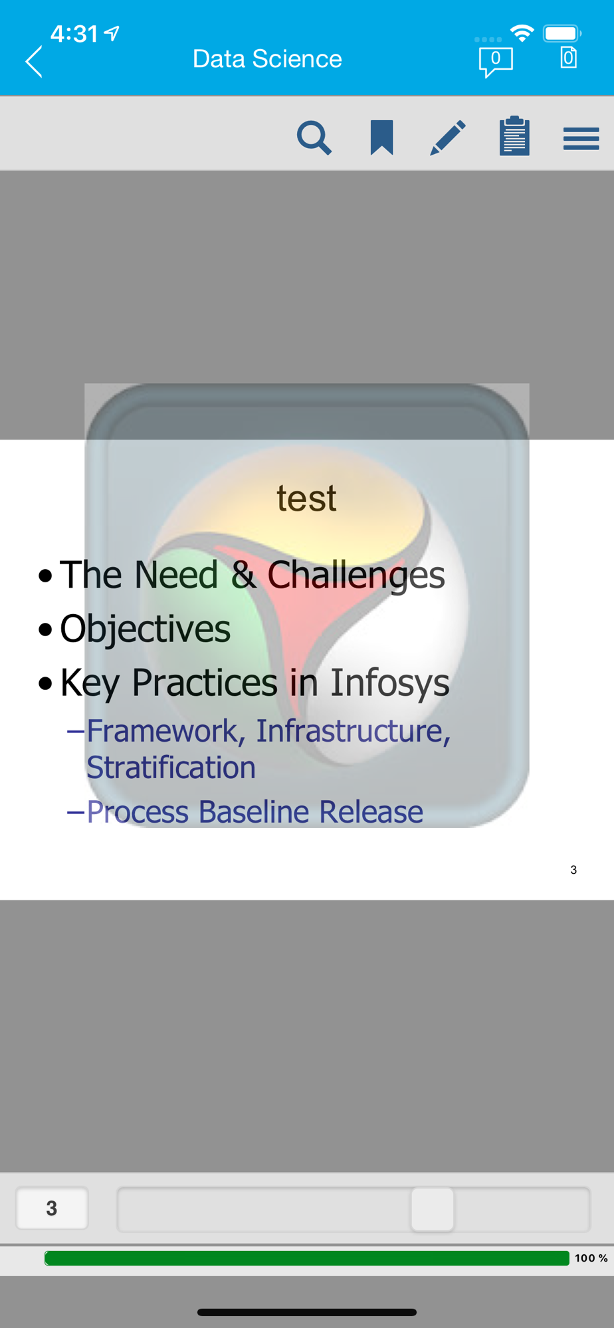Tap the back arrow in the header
pyautogui.click(x=34, y=62)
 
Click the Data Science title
pyautogui.click(x=267, y=59)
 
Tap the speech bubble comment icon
pyautogui.click(x=496, y=62)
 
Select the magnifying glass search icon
pyautogui.click(x=314, y=137)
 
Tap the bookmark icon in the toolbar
pyautogui.click(x=382, y=137)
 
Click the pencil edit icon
pyautogui.click(x=448, y=137)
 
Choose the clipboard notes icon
pyautogui.click(x=514, y=136)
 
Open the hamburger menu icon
pyautogui.click(x=581, y=139)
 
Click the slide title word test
pyautogui.click(x=306, y=498)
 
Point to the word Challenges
pyautogui.click(x=356, y=576)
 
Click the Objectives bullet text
pyautogui.click(x=145, y=629)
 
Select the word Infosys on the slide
pyautogui.click(x=390, y=683)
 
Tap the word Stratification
pyautogui.click(x=171, y=768)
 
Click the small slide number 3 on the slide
pyautogui.click(x=573, y=870)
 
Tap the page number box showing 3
pyautogui.click(x=52, y=1208)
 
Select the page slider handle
pyautogui.click(x=433, y=1209)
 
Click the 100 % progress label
pyautogui.click(x=591, y=1258)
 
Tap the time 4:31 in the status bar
pyautogui.click(x=74, y=34)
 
